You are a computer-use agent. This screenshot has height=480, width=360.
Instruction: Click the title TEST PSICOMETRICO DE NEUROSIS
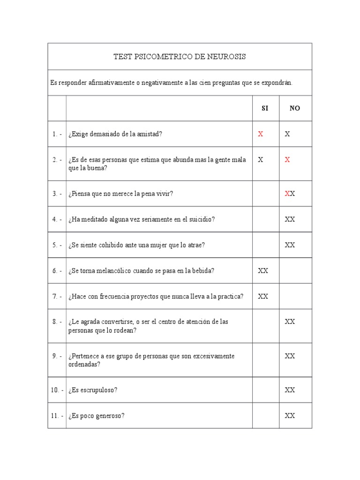[x=180, y=57]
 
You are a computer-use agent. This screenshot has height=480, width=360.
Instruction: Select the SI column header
[x=265, y=108]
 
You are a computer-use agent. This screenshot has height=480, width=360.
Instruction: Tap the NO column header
[x=295, y=108]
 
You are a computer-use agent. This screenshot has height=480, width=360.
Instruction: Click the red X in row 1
[x=261, y=134]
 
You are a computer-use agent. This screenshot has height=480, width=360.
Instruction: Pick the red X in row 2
[x=287, y=159]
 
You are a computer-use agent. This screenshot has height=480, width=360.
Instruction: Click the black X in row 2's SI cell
[x=261, y=159]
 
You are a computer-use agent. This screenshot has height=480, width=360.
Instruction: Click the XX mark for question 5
[x=290, y=245]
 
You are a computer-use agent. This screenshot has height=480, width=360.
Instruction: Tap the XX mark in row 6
[x=263, y=270]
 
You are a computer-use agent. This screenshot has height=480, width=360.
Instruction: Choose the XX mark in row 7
[x=263, y=296]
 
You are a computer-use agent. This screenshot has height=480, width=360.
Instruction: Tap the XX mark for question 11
[x=290, y=415]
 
